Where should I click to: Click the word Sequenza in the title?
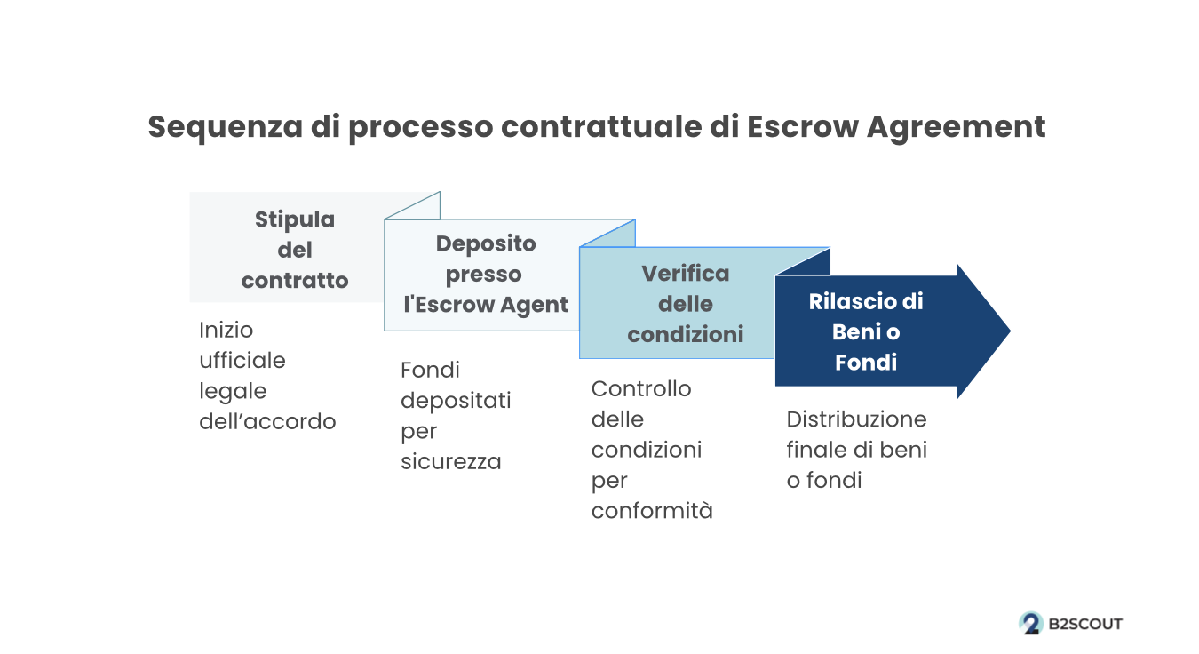(x=226, y=127)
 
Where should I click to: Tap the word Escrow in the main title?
(x=802, y=127)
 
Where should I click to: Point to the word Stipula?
(x=295, y=219)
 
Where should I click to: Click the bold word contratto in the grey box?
(x=295, y=281)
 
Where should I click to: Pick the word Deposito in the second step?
(x=486, y=244)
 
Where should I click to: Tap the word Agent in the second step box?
(x=535, y=306)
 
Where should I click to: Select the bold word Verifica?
(x=685, y=274)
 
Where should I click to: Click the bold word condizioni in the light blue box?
(x=685, y=334)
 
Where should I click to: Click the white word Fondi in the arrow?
(x=866, y=363)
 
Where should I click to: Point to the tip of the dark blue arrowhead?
(x=1010, y=331)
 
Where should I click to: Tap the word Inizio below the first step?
(x=226, y=330)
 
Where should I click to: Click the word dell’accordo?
(x=267, y=421)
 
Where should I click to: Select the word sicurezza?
(x=450, y=462)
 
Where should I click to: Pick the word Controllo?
(x=641, y=389)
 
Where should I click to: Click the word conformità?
(x=652, y=511)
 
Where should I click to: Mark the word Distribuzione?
(x=856, y=419)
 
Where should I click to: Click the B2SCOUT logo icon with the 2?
(x=1031, y=624)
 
